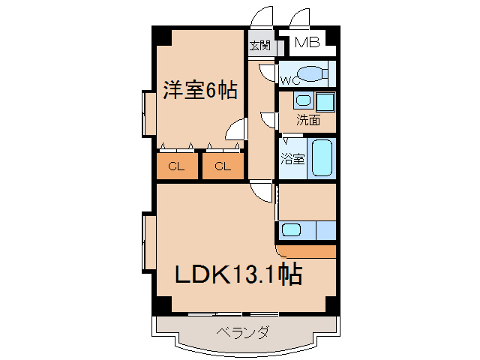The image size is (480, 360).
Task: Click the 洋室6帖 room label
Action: click(x=200, y=91)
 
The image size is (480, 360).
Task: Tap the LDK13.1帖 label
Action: click(x=238, y=275)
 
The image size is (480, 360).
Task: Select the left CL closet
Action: click(x=176, y=166)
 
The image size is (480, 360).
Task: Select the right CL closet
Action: click(x=223, y=166)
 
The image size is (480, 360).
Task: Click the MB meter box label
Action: click(x=306, y=43)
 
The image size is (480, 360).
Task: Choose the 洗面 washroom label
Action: click(x=307, y=119)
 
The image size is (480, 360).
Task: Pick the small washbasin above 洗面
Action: click(x=301, y=100)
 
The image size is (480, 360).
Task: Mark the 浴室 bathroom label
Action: click(x=292, y=159)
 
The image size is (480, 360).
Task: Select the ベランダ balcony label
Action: click(x=243, y=332)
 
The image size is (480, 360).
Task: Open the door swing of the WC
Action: click(x=268, y=72)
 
